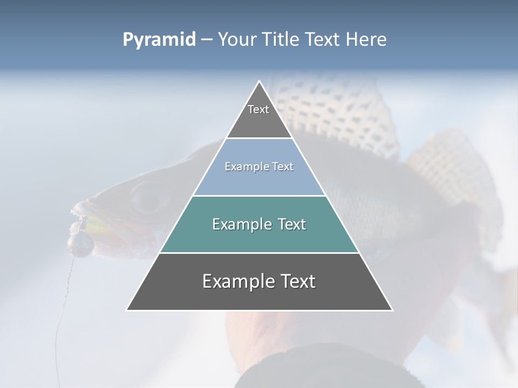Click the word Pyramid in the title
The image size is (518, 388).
tap(159, 40)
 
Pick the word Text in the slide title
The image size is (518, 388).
tap(323, 40)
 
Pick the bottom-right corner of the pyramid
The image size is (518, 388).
tap(392, 310)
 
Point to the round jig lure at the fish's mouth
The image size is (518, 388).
tap(83, 245)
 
